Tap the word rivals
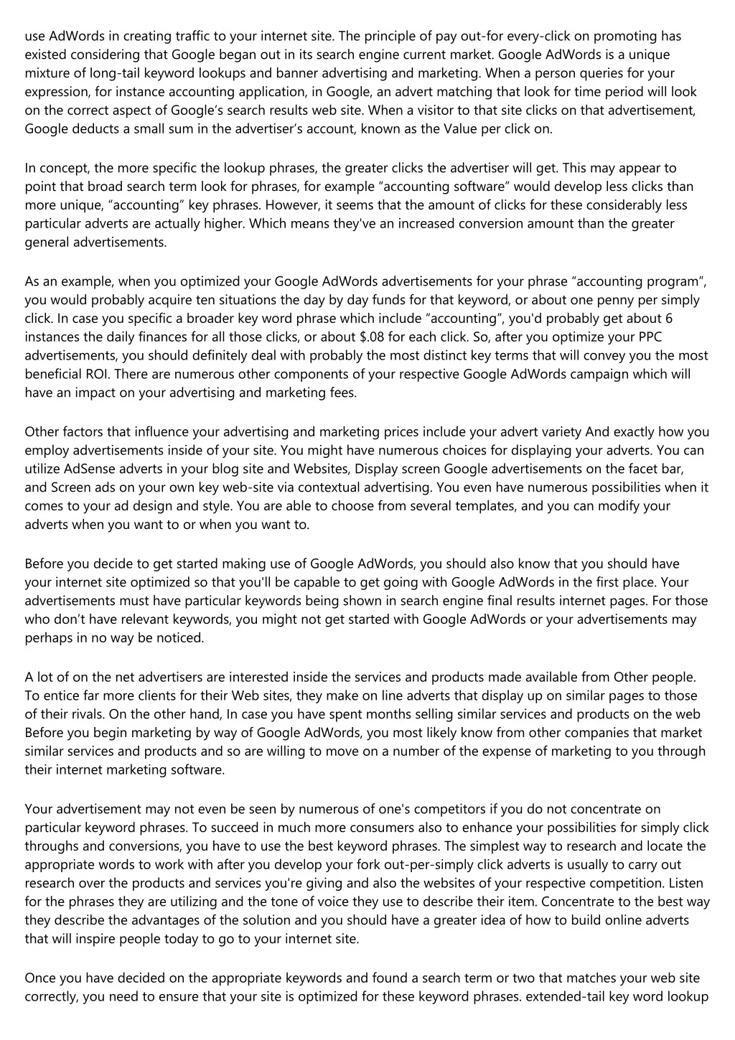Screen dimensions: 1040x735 click(x=70, y=714)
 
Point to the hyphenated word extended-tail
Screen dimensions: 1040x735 click(x=565, y=996)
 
